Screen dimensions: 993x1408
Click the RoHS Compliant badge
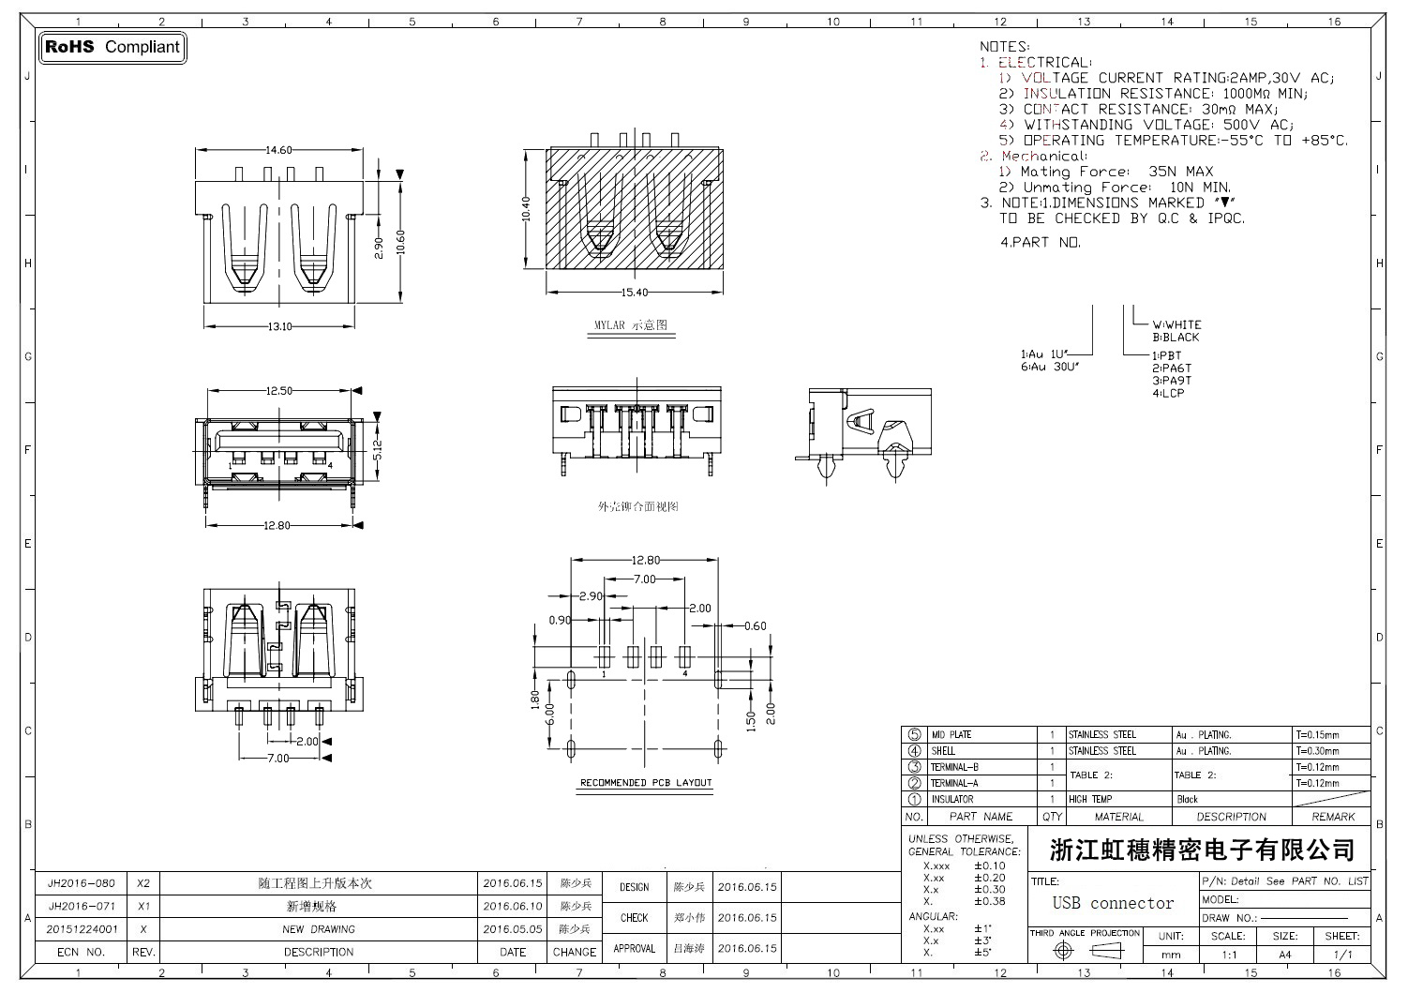112,47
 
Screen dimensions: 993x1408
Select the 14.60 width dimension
278,150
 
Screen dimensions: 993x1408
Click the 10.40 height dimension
526,208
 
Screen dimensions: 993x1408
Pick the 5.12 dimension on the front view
378,449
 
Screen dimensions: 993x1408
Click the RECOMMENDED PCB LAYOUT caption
646,783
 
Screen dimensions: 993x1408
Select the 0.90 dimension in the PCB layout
560,621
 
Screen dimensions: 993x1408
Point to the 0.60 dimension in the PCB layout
755,626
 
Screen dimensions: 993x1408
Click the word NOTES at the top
1004,46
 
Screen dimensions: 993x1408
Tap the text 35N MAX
1180,172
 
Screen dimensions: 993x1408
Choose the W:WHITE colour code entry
1176,324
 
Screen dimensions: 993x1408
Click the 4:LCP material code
1168,393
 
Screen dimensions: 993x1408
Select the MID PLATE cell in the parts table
951,735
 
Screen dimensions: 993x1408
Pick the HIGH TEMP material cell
1089,800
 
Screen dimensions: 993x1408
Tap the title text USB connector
1113,904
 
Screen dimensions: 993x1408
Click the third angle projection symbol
1086,951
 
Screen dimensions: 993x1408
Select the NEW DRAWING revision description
319,930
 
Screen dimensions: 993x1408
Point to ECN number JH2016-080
82,883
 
